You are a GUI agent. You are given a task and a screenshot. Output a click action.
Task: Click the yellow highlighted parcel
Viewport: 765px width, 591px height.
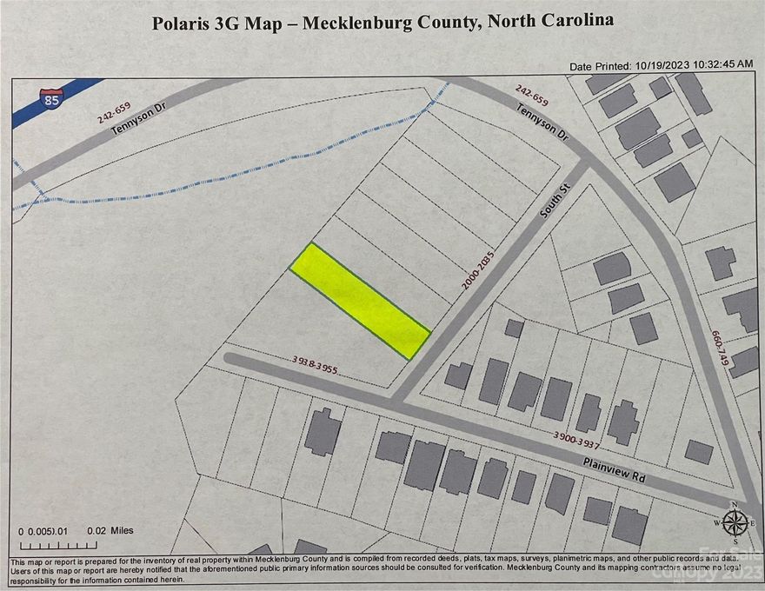coord(359,300)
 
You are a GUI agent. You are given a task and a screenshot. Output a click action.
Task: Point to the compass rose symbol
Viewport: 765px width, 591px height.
coord(735,521)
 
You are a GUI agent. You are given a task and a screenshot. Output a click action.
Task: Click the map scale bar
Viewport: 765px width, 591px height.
coord(46,545)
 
